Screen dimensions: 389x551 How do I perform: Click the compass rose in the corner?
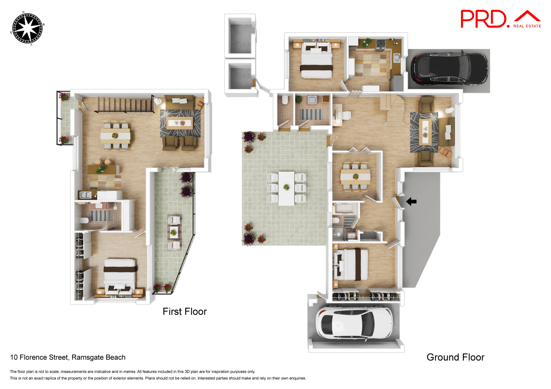(x=28, y=28)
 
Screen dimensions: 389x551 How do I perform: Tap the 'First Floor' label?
(x=185, y=312)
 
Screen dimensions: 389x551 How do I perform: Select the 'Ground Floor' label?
(x=455, y=357)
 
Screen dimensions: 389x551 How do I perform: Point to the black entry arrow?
(x=411, y=202)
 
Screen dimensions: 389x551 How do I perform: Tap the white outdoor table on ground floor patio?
(x=286, y=188)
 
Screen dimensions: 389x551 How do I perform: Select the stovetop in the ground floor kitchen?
(x=381, y=44)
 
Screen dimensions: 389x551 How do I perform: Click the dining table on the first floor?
(x=115, y=136)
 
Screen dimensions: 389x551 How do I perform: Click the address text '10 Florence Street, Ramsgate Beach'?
(x=68, y=357)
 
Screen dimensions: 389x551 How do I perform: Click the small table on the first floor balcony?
(x=174, y=232)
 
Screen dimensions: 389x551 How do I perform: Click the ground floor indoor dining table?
(x=355, y=177)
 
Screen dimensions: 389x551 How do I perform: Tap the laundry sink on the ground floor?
(x=312, y=100)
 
